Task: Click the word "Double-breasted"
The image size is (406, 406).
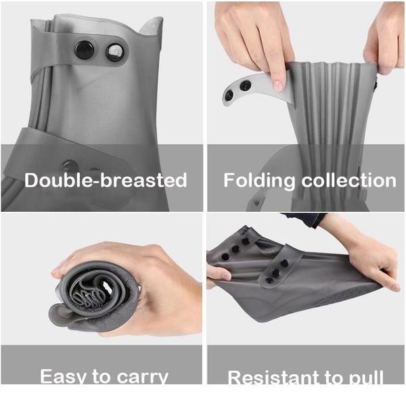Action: coord(106,181)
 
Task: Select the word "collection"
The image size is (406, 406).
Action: coord(351,181)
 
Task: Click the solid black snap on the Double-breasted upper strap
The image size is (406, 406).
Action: coord(85,49)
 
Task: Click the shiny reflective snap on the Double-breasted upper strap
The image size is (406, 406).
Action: coord(116,53)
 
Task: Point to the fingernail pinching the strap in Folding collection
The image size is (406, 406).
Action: coord(277,85)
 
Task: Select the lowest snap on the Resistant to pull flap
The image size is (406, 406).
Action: coord(270,279)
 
